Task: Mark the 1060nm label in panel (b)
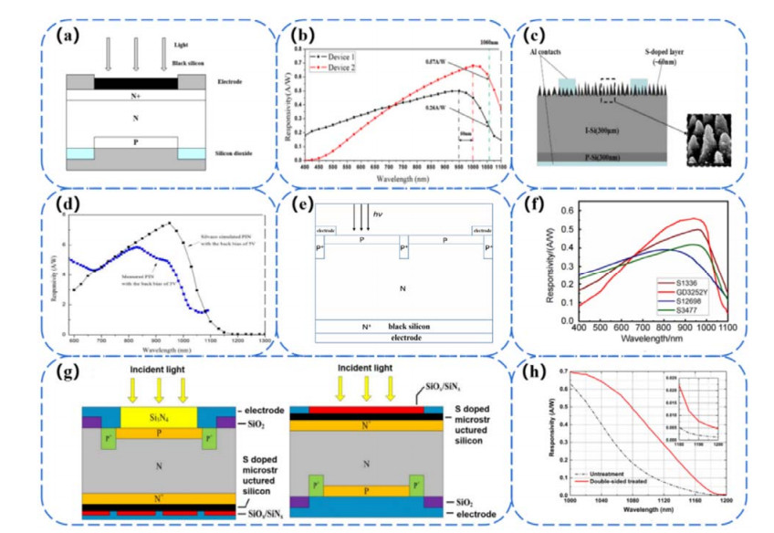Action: click(x=488, y=43)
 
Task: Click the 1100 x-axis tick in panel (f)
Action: click(x=726, y=327)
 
